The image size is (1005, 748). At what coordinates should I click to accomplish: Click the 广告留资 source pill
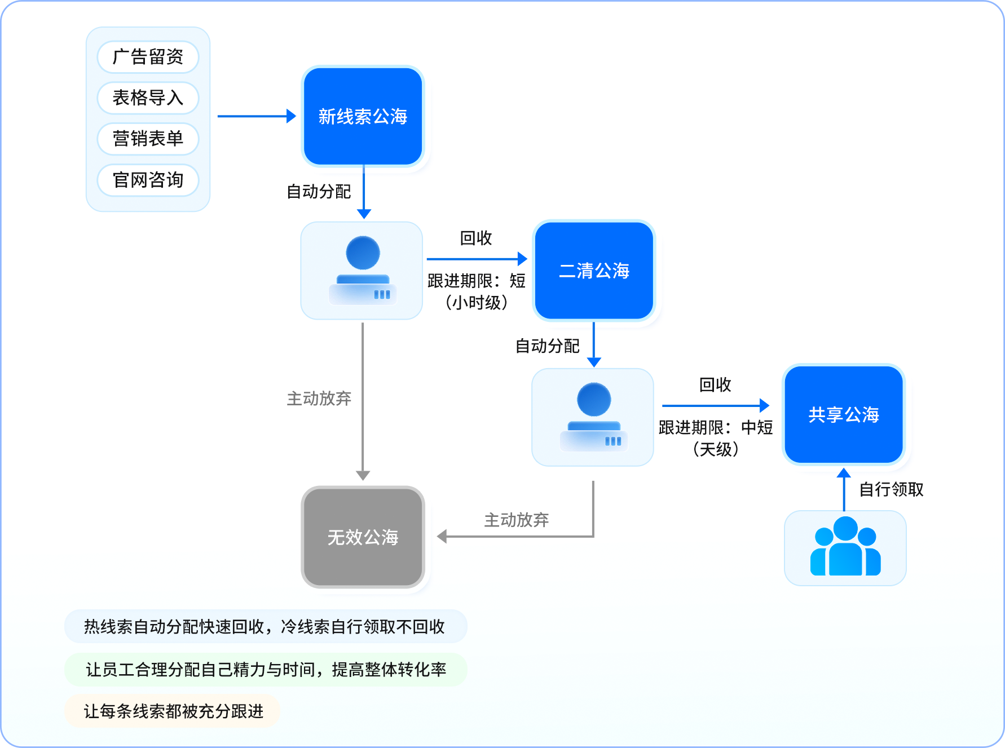click(148, 57)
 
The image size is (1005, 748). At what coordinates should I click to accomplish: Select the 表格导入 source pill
click(148, 98)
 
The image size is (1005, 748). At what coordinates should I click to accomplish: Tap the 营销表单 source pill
click(148, 139)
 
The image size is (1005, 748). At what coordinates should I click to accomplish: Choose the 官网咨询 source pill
click(148, 180)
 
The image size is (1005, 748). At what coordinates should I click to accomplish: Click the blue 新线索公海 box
click(363, 117)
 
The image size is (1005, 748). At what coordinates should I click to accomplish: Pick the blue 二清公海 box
click(594, 271)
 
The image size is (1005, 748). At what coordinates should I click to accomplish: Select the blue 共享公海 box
click(844, 415)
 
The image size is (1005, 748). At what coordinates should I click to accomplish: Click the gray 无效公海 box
click(363, 537)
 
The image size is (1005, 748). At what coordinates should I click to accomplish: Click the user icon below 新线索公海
click(362, 271)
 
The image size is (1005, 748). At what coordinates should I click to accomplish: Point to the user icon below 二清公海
click(593, 417)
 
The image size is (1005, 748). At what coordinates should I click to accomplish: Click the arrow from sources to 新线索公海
click(257, 116)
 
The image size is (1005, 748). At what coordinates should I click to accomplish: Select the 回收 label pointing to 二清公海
click(476, 238)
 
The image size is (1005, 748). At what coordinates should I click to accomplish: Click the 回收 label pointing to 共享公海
click(715, 385)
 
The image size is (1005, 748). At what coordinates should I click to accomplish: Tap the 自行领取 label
click(891, 489)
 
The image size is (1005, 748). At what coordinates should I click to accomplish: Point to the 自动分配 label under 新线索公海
click(319, 192)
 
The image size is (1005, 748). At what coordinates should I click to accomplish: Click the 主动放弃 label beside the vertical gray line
click(319, 399)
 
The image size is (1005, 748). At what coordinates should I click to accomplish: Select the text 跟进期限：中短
click(715, 428)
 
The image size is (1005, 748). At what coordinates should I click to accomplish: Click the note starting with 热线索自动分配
click(265, 626)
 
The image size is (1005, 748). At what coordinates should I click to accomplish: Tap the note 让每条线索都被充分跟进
click(173, 711)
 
